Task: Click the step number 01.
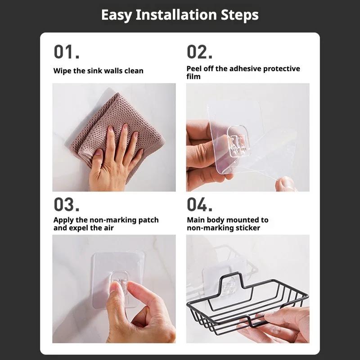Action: pyautogui.click(x=66, y=52)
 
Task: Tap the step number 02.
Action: pyautogui.click(x=199, y=52)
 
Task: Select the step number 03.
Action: pyautogui.click(x=67, y=204)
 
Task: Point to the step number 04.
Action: pyautogui.click(x=200, y=204)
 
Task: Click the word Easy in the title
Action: pyautogui.click(x=117, y=15)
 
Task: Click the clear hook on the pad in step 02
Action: pyautogui.click(x=238, y=140)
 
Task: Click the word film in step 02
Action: pyautogui.click(x=193, y=76)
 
